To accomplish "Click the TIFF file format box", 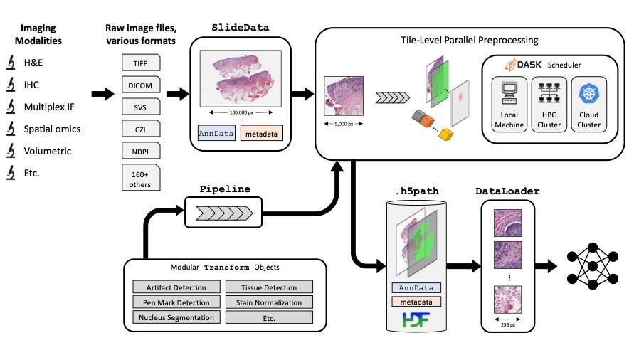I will [141, 63].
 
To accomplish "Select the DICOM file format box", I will [141, 86].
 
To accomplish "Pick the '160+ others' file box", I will [141, 178].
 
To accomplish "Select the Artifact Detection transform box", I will [176, 287].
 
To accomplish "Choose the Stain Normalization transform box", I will [269, 302].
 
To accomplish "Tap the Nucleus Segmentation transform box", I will [176, 317].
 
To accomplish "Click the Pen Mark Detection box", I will [176, 302].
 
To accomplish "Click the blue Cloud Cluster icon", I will [588, 93].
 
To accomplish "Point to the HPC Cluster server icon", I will [549, 93].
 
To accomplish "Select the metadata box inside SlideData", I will [260, 132].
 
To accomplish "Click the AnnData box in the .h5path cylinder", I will [416, 288].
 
